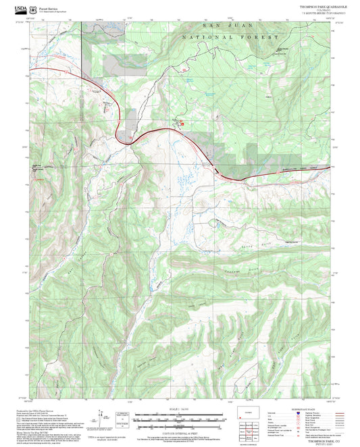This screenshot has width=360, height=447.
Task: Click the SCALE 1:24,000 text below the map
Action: (179, 410)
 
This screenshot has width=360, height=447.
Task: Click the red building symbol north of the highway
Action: (180, 122)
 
